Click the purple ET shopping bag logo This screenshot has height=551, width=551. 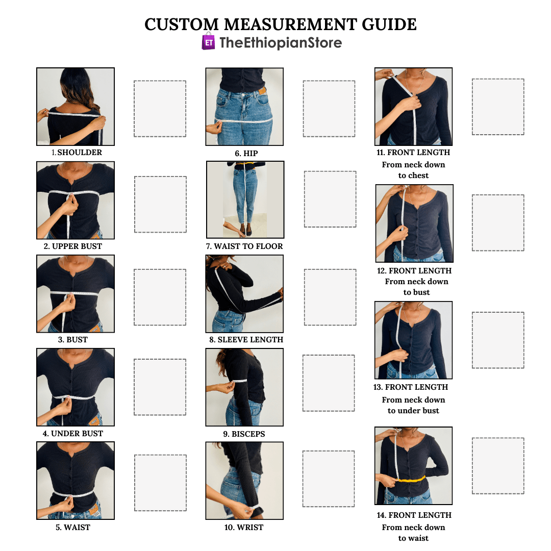click(x=208, y=41)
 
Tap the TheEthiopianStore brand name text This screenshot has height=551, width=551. click(x=281, y=43)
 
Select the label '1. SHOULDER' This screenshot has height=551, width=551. click(x=77, y=153)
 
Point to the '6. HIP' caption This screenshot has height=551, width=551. click(x=246, y=154)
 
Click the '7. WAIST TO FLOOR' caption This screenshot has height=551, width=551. click(x=244, y=246)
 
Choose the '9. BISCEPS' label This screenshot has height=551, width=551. click(x=244, y=434)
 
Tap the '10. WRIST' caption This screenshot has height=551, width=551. click(x=244, y=528)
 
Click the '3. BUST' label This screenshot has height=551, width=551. click(x=73, y=340)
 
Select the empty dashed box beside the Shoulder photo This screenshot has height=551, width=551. click(x=160, y=109)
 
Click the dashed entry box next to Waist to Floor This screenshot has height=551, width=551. click(x=330, y=199)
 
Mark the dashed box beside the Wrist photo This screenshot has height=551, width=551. click(x=329, y=479)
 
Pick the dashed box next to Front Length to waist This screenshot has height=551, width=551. click(x=498, y=466)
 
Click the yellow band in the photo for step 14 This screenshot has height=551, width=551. click(x=411, y=479)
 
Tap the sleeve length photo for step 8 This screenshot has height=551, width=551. click(x=244, y=294)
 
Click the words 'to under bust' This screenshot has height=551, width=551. click(x=413, y=411)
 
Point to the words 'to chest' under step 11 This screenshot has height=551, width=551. click(x=413, y=176)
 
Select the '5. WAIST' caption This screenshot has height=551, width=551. click(x=73, y=528)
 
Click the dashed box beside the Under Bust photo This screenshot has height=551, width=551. click(x=160, y=387)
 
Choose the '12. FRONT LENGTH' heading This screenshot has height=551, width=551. click(x=414, y=271)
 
